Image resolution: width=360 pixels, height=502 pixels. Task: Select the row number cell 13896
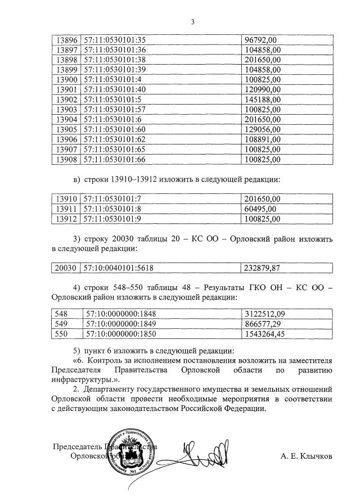pyautogui.click(x=66, y=39)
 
